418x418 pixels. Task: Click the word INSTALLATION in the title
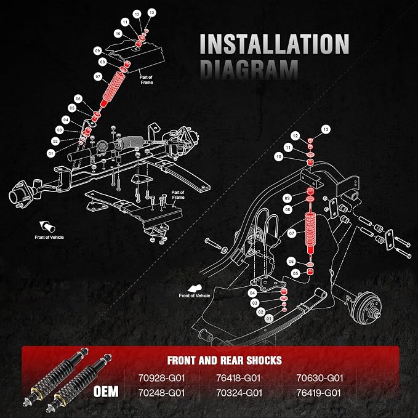click(275, 44)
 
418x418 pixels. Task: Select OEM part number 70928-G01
click(161, 378)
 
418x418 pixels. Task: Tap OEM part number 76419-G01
click(318, 393)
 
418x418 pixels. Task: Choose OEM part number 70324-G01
click(239, 393)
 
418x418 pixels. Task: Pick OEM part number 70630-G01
click(320, 378)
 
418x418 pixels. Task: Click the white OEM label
click(106, 392)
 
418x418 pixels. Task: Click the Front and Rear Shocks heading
click(225, 360)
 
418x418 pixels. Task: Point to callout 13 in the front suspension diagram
click(151, 12)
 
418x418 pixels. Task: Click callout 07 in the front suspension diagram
click(98, 77)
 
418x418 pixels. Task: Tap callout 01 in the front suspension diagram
click(51, 153)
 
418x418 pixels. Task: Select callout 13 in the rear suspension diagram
click(326, 129)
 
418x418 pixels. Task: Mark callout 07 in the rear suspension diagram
click(292, 234)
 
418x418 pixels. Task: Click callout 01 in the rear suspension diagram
click(269, 318)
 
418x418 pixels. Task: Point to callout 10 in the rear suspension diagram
click(279, 157)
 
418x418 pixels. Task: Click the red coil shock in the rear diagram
click(310, 231)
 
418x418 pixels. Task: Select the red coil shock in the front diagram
click(113, 89)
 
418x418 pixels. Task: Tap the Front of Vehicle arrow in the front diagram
click(47, 226)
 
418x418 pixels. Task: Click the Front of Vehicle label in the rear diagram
click(195, 295)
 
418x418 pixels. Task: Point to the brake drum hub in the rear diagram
click(367, 308)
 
